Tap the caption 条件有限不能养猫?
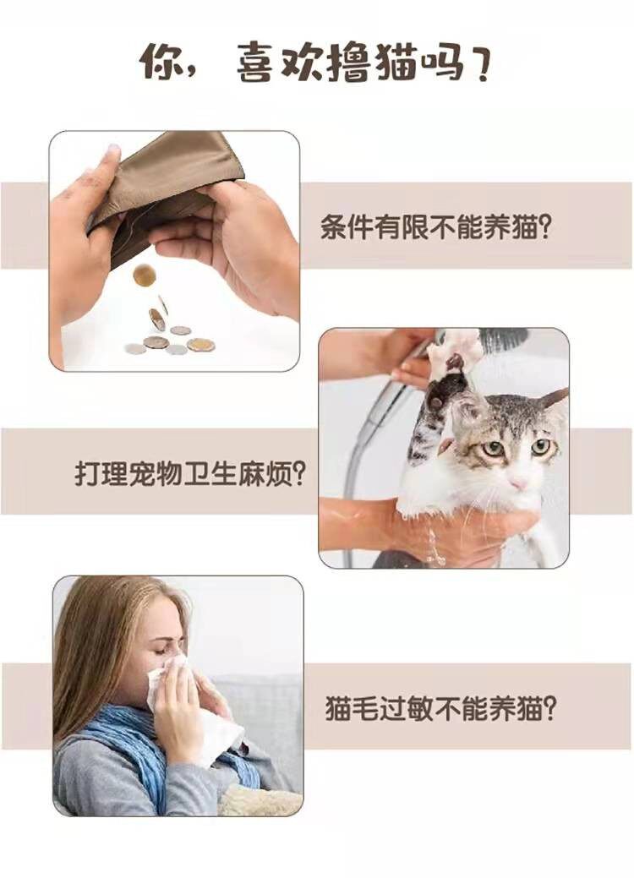436,228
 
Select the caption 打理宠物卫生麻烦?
190,474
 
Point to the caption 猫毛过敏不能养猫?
441,708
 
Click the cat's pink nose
518,483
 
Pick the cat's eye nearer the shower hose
494,449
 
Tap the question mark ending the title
479,63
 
